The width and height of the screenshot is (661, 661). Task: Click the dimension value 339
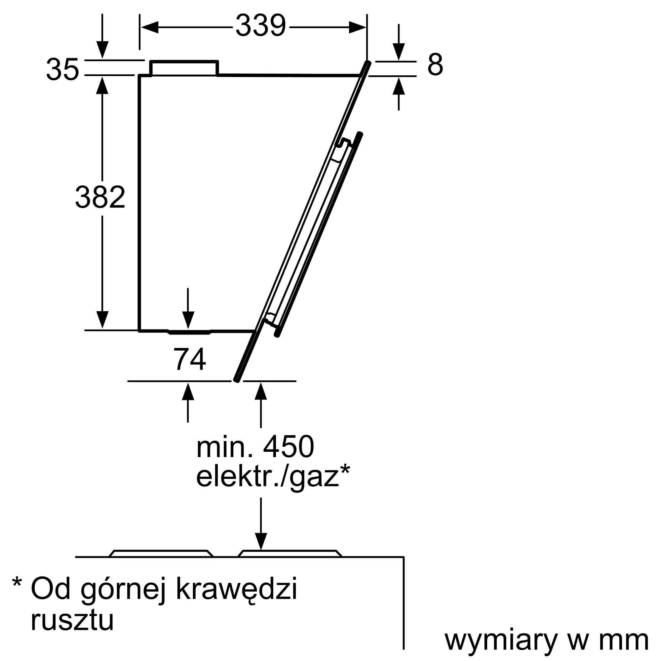click(261, 26)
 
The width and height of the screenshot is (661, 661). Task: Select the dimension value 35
click(62, 69)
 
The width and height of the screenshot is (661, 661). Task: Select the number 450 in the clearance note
click(289, 447)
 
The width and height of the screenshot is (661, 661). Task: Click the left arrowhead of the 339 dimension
click(150, 27)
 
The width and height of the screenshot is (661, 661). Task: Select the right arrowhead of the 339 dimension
click(358, 27)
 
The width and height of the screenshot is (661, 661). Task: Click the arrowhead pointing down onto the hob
click(261, 541)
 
